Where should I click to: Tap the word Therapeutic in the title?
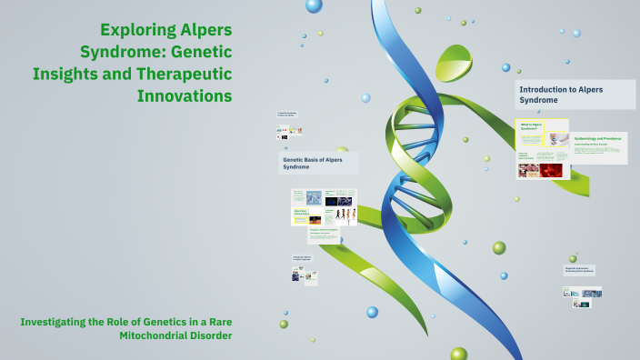185,74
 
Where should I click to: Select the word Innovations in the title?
185,95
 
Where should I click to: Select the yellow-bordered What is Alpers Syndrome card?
542,128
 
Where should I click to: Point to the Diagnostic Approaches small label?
578,269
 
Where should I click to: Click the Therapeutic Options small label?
303,258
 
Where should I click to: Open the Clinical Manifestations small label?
288,115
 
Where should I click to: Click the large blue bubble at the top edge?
314,5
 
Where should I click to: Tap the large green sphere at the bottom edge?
459,354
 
